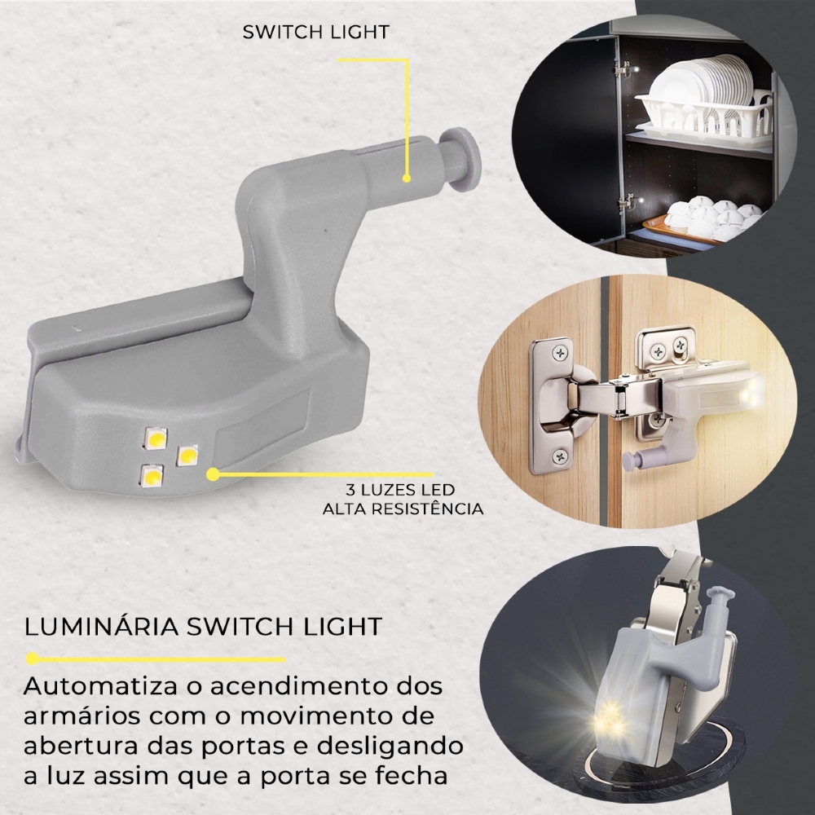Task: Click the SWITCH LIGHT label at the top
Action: click(316, 33)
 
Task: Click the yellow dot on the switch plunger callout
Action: click(407, 178)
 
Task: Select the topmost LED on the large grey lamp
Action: click(155, 438)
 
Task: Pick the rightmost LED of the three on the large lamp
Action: click(187, 456)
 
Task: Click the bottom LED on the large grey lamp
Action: click(152, 475)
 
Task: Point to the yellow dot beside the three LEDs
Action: click(213, 474)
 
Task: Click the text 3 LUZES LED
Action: click(400, 490)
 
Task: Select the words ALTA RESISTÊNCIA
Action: click(403, 509)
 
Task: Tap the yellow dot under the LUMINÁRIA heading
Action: click(33, 659)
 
